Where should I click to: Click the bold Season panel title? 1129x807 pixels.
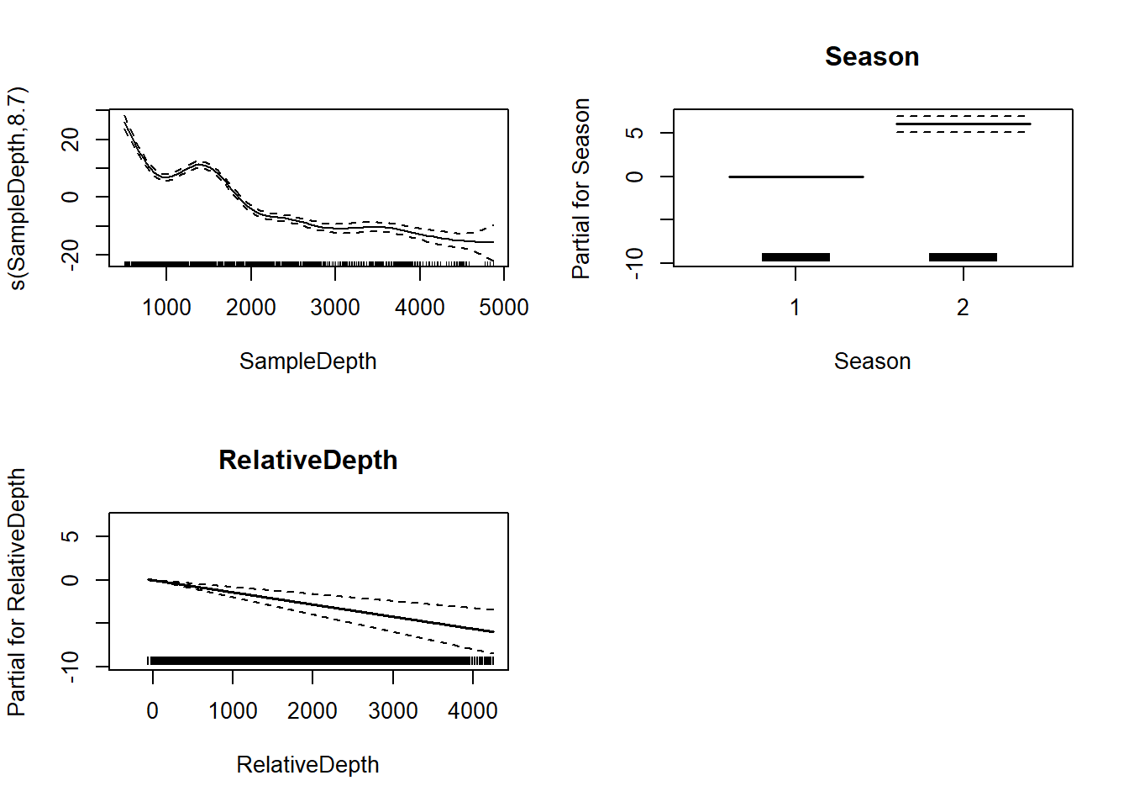click(872, 56)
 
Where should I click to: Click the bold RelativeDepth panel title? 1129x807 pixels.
click(307, 460)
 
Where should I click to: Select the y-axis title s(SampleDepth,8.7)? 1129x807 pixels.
click(18, 188)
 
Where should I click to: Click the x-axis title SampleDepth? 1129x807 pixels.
click(307, 361)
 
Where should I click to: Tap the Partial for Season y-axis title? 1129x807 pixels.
click(581, 188)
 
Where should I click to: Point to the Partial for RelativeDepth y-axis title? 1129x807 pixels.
click(16, 592)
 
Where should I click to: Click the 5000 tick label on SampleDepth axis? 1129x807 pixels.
click(504, 308)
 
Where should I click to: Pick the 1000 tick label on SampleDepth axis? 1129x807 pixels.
click(166, 308)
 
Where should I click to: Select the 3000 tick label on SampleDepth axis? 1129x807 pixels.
click(335, 308)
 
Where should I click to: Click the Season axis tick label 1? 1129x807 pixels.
click(795, 308)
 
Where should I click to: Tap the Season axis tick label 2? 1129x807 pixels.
click(963, 308)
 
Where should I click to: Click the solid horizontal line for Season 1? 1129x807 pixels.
click(796, 177)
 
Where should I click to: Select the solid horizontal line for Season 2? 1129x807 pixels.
click(963, 124)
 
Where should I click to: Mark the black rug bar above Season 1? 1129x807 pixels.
click(796, 257)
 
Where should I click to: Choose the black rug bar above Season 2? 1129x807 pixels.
click(963, 257)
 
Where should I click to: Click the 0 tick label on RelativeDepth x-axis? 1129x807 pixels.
click(152, 711)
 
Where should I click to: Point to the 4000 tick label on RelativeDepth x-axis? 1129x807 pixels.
click(473, 711)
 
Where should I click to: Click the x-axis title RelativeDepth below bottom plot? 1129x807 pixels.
click(307, 764)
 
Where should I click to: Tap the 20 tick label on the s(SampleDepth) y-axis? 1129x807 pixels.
click(71, 139)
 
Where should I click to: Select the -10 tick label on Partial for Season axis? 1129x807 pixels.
click(636, 263)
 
